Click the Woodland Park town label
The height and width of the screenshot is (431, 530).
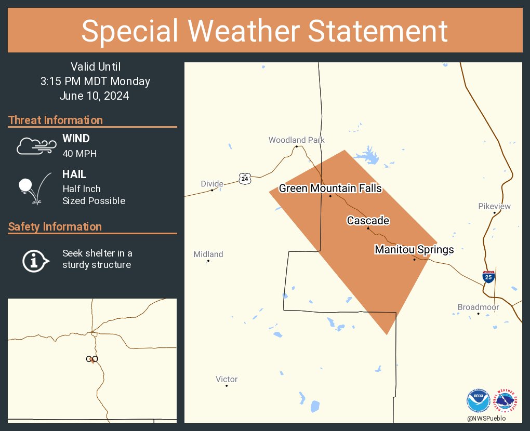point(296,140)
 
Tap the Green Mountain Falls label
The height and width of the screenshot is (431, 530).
point(330,188)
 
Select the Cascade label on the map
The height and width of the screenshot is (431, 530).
point(368,221)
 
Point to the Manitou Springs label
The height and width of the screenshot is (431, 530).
point(414,250)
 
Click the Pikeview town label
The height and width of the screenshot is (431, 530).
point(494,206)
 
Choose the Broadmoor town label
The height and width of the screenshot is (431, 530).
point(478,307)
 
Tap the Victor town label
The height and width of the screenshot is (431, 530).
point(227,380)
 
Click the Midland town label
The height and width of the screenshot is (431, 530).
point(208,254)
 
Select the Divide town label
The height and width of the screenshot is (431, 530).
point(212,184)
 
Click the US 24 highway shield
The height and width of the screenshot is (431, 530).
point(245,178)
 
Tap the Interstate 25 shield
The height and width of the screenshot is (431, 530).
point(488,277)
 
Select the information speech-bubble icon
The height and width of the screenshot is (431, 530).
point(35,260)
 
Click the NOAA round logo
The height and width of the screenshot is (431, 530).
point(478,401)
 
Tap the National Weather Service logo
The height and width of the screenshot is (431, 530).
point(506,401)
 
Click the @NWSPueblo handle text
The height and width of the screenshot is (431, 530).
point(486,419)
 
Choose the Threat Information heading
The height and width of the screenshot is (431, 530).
point(56,120)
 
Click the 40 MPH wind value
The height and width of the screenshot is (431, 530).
point(79,154)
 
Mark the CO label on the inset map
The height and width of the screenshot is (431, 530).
point(92,359)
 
